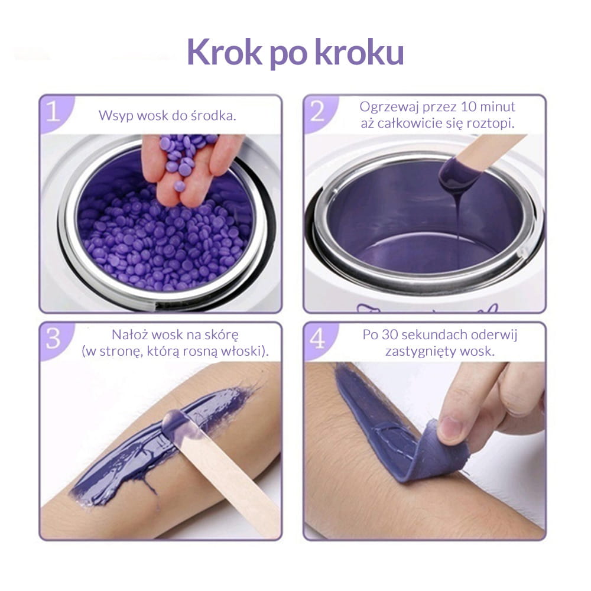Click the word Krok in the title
tap(224, 52)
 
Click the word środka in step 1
tap(213, 115)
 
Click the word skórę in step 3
tap(222, 335)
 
